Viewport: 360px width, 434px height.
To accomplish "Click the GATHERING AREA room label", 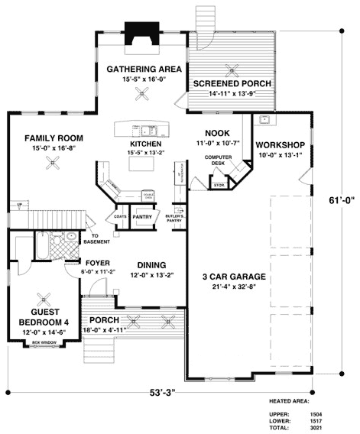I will coord(144,69).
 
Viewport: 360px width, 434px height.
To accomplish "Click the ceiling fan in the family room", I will coord(53,160).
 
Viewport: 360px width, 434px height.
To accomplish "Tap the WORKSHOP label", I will coord(280,145).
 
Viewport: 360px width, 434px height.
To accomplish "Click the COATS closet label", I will coord(121,216).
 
